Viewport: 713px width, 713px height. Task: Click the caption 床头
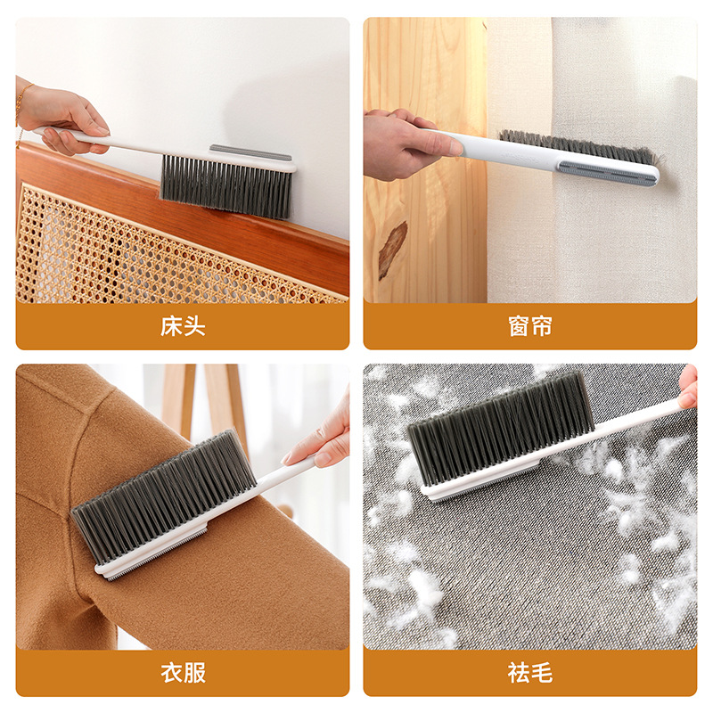coord(183,326)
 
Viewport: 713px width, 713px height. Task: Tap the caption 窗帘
coord(530,326)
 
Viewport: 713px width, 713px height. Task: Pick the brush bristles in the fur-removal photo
coord(499,428)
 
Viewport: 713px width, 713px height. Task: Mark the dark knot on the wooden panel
coord(392,250)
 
